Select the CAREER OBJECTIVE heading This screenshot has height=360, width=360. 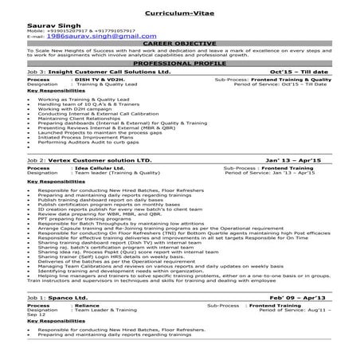[179, 44]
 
